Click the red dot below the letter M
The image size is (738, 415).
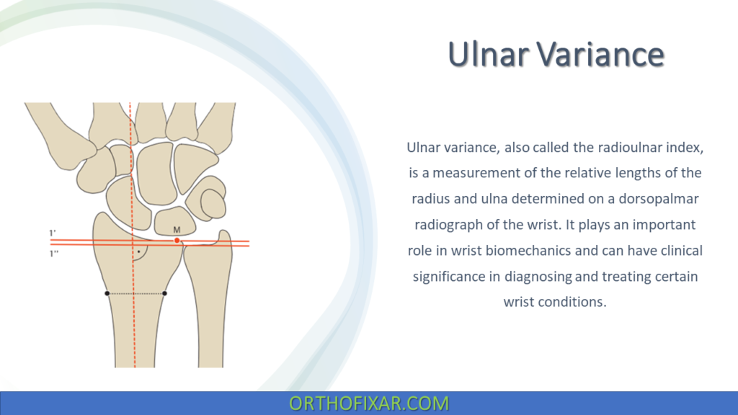[x=177, y=240]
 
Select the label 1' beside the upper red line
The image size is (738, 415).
[x=53, y=233]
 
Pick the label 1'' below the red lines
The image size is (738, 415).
[x=53, y=254]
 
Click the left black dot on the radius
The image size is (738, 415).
[x=107, y=293]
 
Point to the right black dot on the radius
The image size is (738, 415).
[x=165, y=293]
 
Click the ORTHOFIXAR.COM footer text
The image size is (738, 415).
[x=368, y=403]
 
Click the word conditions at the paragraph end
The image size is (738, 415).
[x=573, y=302]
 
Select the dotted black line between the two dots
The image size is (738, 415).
[x=136, y=293]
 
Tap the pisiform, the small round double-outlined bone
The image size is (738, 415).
[x=213, y=200]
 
